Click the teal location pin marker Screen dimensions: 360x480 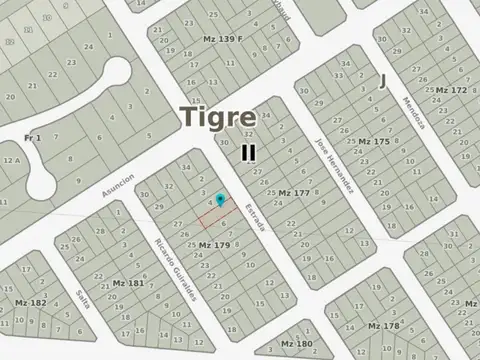(x=220, y=201)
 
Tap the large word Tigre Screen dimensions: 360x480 (x=217, y=117)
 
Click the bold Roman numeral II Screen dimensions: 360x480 (x=248, y=153)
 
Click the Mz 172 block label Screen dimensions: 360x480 (x=451, y=90)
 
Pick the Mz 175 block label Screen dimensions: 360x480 (x=374, y=141)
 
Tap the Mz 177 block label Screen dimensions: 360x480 (x=295, y=192)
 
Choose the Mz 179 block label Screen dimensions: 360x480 (x=214, y=244)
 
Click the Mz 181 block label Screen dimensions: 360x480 (x=128, y=283)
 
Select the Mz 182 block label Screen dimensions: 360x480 (x=30, y=302)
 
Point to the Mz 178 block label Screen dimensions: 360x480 (x=384, y=326)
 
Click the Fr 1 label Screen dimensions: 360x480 (x=32, y=137)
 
